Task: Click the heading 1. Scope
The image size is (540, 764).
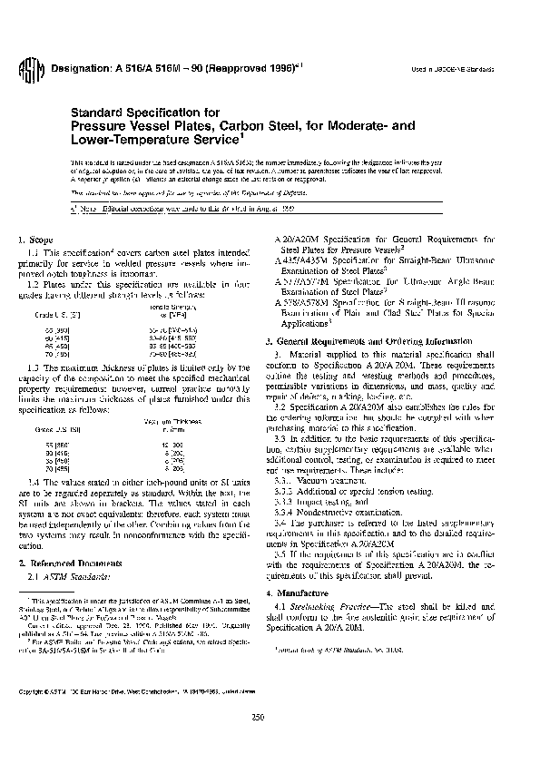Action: coord(34,239)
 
